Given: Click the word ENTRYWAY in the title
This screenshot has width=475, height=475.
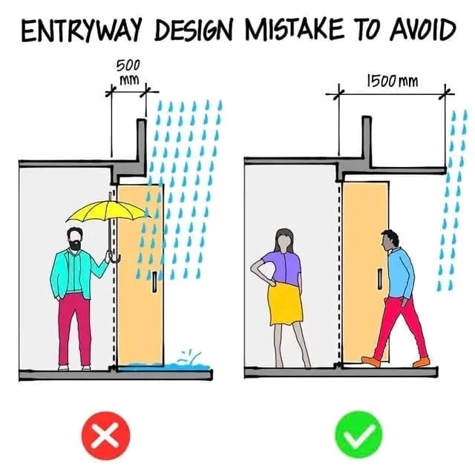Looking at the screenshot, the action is [x=82, y=30].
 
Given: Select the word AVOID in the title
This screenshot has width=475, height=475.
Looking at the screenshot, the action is [x=423, y=30].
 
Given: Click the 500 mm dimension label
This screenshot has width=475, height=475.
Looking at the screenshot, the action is [x=128, y=73].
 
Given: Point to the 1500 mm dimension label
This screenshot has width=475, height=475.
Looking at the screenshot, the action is [x=393, y=81].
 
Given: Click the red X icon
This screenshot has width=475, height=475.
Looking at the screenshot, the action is [x=106, y=436].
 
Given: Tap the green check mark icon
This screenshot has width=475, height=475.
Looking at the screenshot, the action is [x=359, y=434].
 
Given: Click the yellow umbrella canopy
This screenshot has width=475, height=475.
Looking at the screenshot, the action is [x=108, y=210].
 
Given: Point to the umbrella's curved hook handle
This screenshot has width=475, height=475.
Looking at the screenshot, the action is [x=116, y=259].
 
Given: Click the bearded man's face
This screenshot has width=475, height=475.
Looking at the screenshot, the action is [x=75, y=240].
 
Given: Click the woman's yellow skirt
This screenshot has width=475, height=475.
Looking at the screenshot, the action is [x=285, y=304].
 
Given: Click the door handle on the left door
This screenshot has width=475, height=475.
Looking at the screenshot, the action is [x=154, y=282].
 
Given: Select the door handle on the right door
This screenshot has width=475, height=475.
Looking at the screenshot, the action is [x=379, y=278].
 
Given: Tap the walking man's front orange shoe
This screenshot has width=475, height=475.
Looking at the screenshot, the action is [x=371, y=361].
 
